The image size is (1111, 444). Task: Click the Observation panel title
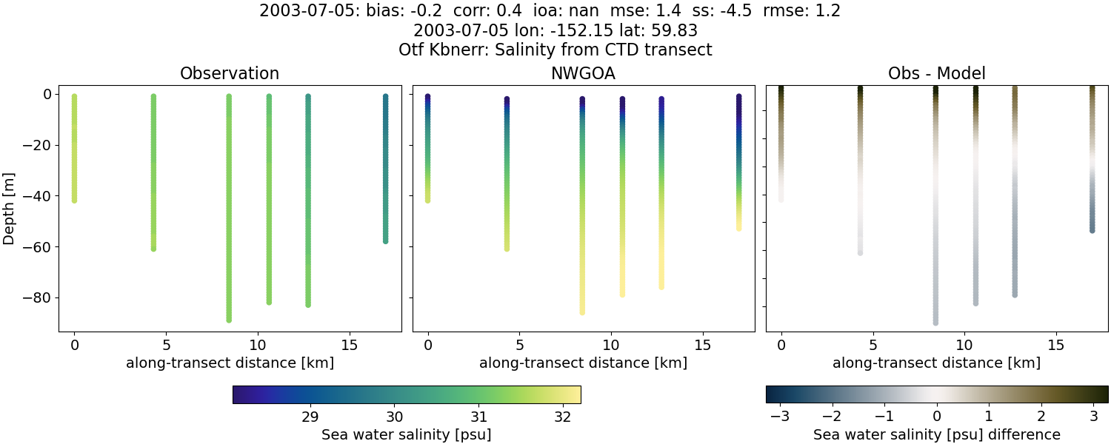230,73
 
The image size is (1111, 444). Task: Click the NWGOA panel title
583,73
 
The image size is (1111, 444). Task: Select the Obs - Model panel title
936,73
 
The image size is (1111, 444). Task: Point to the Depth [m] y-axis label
10,210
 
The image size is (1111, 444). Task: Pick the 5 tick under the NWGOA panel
519,345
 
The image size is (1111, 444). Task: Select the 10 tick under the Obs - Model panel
964,345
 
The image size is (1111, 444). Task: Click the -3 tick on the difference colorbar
779,417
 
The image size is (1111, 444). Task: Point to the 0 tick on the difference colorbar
936,417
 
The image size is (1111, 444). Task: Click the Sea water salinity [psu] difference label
936,434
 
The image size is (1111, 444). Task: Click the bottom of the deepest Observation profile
229,319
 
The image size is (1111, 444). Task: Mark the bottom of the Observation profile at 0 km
74,200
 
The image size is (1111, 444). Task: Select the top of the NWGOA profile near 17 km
738,97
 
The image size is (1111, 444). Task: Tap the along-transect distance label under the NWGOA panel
583,363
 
